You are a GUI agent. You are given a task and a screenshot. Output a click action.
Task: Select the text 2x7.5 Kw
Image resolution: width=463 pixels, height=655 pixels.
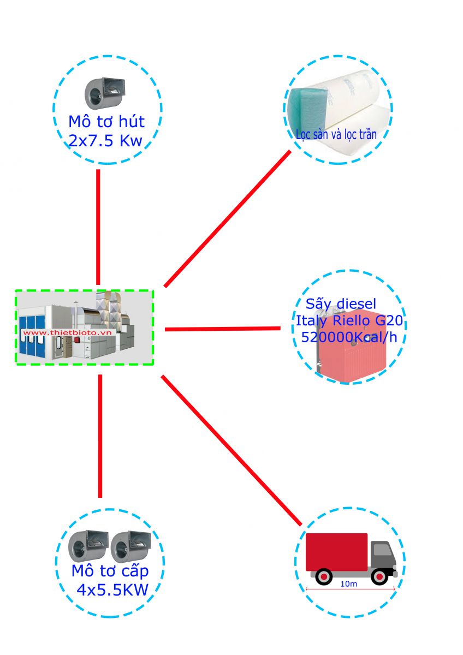105,141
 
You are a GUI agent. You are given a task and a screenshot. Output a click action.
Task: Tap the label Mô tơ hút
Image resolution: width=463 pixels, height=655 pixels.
106,121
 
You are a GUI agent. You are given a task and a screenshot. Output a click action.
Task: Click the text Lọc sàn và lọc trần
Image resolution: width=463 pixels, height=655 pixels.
336,134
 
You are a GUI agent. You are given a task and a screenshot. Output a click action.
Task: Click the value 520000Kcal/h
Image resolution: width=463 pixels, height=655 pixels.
348,337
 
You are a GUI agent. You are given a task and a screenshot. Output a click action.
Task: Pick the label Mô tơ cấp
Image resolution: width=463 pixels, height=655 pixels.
110,571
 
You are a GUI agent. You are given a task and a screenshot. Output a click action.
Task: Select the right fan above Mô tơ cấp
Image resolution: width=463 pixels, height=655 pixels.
130,546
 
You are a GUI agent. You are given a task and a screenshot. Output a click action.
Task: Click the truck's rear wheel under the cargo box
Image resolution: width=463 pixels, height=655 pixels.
324,576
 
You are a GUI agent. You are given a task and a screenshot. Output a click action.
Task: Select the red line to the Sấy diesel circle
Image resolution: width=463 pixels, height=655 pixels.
222,329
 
